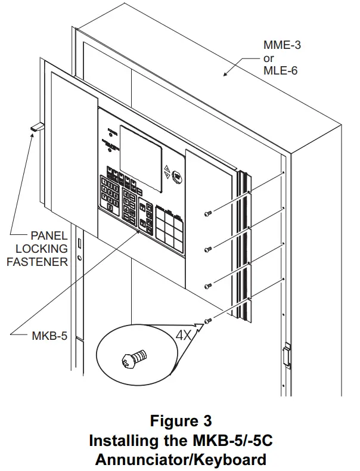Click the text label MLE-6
pos(280,72)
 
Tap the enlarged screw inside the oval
pos(134,360)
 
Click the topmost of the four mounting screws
pos(207,213)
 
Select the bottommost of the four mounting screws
pos(207,322)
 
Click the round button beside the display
pos(178,176)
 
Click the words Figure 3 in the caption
pos(181,422)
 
